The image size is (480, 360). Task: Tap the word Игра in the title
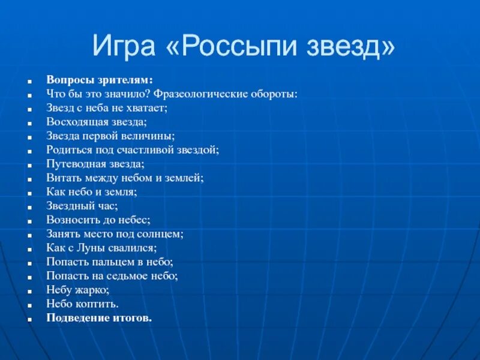click(x=127, y=46)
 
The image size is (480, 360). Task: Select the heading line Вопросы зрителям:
click(x=100, y=80)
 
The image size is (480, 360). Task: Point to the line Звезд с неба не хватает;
click(x=107, y=108)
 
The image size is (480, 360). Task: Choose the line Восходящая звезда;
click(x=96, y=122)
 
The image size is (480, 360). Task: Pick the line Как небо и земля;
click(x=92, y=191)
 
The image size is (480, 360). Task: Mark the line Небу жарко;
click(x=78, y=289)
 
